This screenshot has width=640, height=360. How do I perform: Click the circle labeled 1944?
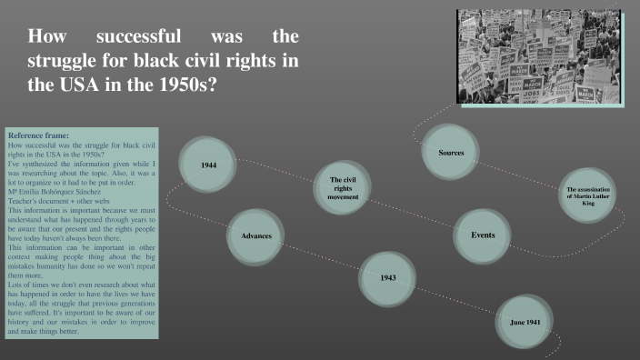coord(210,165)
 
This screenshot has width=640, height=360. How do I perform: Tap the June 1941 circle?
coord(525,322)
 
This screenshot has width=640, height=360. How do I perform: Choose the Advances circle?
coord(256,236)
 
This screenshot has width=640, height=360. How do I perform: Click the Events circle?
coord(482,235)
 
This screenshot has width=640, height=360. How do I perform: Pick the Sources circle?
coord(451,153)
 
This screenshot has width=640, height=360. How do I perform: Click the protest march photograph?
coord(538,56)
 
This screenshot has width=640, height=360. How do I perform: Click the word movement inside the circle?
coord(344,197)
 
